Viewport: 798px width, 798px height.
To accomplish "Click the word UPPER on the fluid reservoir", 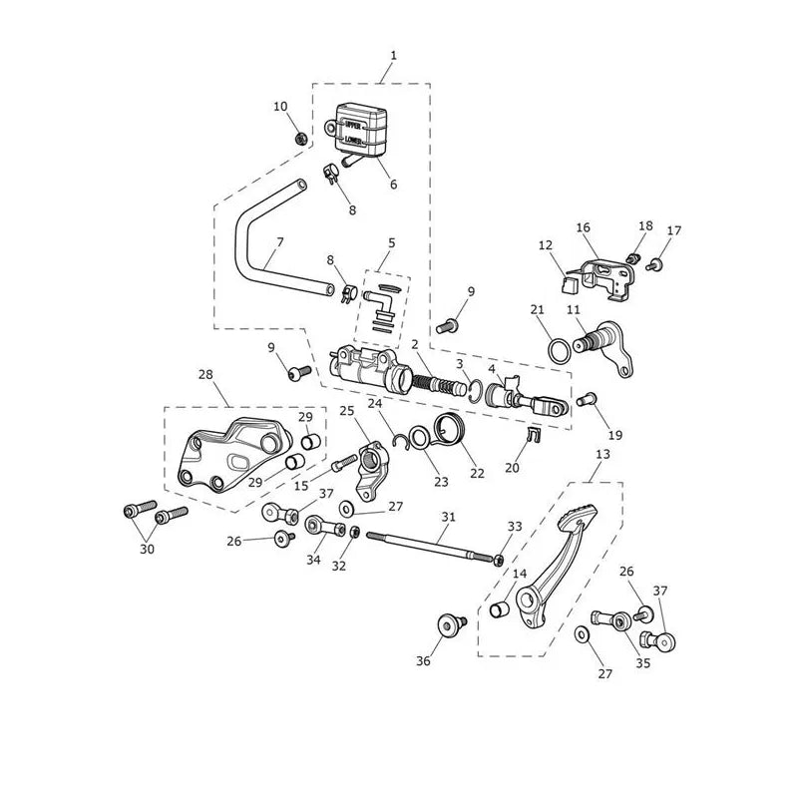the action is tap(353, 124).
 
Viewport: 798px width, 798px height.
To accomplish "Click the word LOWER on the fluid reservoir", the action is tap(353, 139).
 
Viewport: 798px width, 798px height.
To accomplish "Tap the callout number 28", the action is tap(205, 375).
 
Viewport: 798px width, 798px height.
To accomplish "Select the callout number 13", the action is tap(602, 454).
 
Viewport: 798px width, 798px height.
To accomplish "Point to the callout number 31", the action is tap(448, 517).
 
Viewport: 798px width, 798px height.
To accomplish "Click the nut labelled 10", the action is tap(301, 138).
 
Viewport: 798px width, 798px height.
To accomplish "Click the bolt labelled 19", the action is tap(587, 400).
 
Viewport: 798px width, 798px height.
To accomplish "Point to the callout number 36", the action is tap(423, 661).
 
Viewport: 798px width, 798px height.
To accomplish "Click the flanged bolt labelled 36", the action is tap(452, 624).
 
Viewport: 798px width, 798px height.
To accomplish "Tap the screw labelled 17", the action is tap(654, 264).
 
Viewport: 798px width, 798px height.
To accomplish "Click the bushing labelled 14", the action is tap(500, 609).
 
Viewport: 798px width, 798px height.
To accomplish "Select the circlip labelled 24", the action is tap(402, 437).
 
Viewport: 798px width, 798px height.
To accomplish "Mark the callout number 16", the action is tap(584, 227).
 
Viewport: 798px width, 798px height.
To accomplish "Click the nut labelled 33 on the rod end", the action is tap(500, 560).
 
